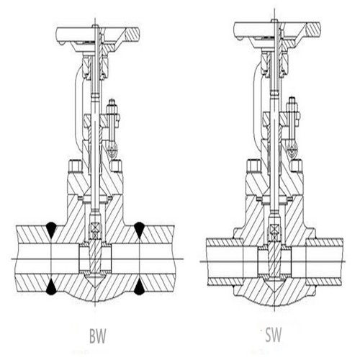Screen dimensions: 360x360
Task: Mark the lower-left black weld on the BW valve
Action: tap(52, 287)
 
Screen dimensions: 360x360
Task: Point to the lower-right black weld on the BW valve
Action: tap(139, 287)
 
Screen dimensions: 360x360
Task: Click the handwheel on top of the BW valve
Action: tap(98, 36)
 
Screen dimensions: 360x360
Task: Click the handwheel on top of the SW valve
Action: tap(277, 31)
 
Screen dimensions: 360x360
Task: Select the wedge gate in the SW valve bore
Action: tap(274, 258)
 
